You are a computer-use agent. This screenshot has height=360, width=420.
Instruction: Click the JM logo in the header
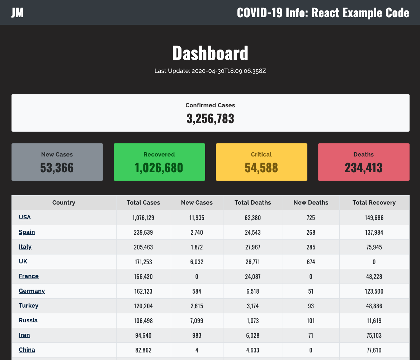coord(17,13)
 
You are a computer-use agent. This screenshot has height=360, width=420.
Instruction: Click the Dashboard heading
coord(210,53)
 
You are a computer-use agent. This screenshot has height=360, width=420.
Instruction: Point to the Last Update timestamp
coord(210,71)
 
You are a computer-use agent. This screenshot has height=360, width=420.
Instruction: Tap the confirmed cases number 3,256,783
coord(210,118)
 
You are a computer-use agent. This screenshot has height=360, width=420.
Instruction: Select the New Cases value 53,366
coord(57,168)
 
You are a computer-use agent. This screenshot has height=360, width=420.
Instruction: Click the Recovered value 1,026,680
coord(159,168)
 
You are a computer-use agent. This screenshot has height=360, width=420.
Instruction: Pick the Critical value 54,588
coord(261,168)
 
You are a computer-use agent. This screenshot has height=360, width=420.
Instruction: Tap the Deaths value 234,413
coord(364,168)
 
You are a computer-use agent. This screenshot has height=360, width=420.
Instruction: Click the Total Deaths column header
coord(253,203)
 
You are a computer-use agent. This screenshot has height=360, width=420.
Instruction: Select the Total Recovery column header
coord(374,203)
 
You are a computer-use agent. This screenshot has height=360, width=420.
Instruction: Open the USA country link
coord(25,217)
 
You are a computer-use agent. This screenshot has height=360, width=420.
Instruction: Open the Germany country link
coord(32,291)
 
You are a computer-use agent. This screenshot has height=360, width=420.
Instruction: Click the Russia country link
coord(28,320)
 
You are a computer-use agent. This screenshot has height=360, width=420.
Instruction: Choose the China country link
coord(27,350)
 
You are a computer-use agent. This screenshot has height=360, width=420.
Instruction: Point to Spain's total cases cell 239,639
coord(143,233)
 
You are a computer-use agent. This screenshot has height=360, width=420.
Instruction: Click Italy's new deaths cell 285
coord(311,247)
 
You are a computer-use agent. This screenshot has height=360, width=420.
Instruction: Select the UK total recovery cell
coord(374,262)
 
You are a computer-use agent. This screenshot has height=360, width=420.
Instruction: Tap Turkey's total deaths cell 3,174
coord(253,306)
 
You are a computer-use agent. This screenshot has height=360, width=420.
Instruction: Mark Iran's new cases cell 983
coord(197,336)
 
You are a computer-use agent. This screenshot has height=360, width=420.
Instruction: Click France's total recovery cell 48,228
coord(374,277)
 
